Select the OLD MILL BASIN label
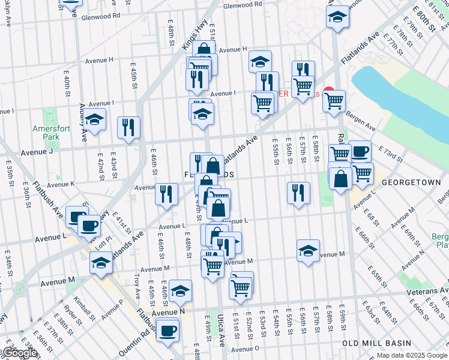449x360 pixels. tap(376, 343)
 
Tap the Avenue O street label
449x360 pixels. tap(244, 349)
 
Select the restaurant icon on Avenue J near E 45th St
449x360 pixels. tap(129, 127)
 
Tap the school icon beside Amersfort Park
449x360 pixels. tap(94, 119)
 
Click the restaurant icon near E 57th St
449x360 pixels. tap(298, 193)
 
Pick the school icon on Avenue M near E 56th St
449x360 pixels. tap(308, 250)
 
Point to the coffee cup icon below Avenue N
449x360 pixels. tap(167, 329)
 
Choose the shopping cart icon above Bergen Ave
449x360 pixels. tap(334, 101)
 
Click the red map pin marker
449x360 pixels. tap(328, 93)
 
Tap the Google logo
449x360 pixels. tap(20, 353)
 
